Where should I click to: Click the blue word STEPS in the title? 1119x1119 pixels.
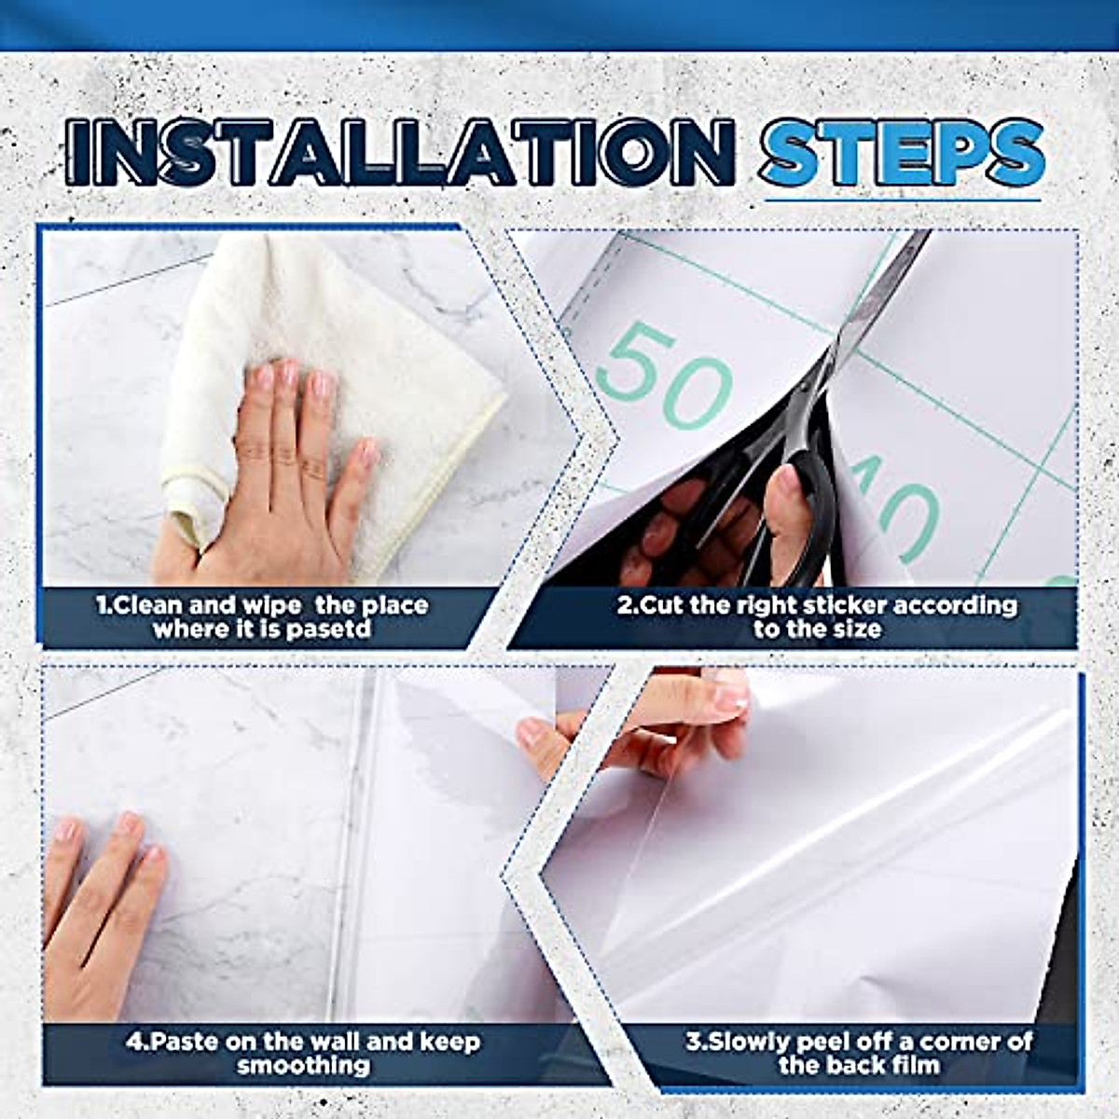coord(900,151)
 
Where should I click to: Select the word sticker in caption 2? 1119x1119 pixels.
coord(839,605)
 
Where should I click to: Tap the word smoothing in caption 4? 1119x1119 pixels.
coord(303,1065)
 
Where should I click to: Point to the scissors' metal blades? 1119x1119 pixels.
coord(877,298)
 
